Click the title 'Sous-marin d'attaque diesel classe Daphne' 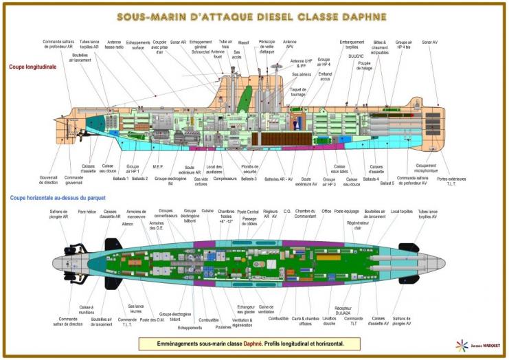pos(255,17)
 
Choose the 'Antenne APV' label pos(290,45)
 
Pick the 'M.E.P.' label pos(157,166)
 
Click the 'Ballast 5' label pos(387,183)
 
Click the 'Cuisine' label pos(207,212)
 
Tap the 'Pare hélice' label pos(87,212)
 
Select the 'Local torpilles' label pos(400,212)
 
